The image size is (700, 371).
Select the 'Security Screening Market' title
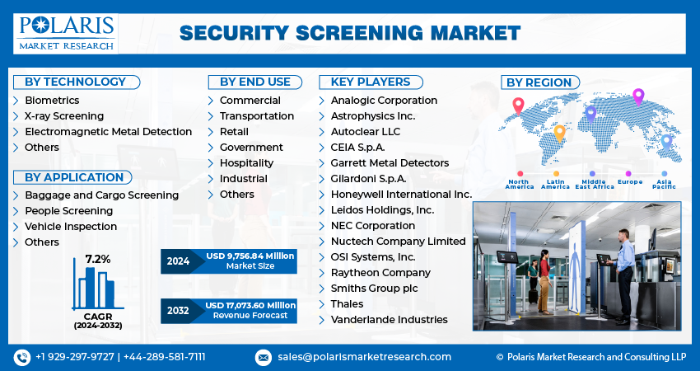(x=350, y=33)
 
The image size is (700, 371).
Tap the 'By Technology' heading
(x=75, y=82)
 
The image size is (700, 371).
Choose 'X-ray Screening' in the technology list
(x=64, y=116)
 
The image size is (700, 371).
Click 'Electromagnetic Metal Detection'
(x=108, y=132)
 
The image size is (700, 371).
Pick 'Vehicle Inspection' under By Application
(x=71, y=227)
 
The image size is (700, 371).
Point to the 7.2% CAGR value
(x=96, y=259)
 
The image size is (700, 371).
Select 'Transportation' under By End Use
(x=256, y=116)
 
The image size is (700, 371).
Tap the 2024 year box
(x=179, y=261)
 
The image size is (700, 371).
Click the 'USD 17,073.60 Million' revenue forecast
(x=250, y=306)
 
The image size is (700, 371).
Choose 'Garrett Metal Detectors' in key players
(x=390, y=163)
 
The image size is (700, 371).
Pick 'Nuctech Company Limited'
(x=398, y=242)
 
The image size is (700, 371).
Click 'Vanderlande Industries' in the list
(x=389, y=320)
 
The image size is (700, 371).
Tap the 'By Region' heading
(x=539, y=82)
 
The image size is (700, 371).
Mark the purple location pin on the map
(x=638, y=97)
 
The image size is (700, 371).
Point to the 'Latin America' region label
(x=556, y=185)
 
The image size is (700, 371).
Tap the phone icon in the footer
(x=21, y=357)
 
